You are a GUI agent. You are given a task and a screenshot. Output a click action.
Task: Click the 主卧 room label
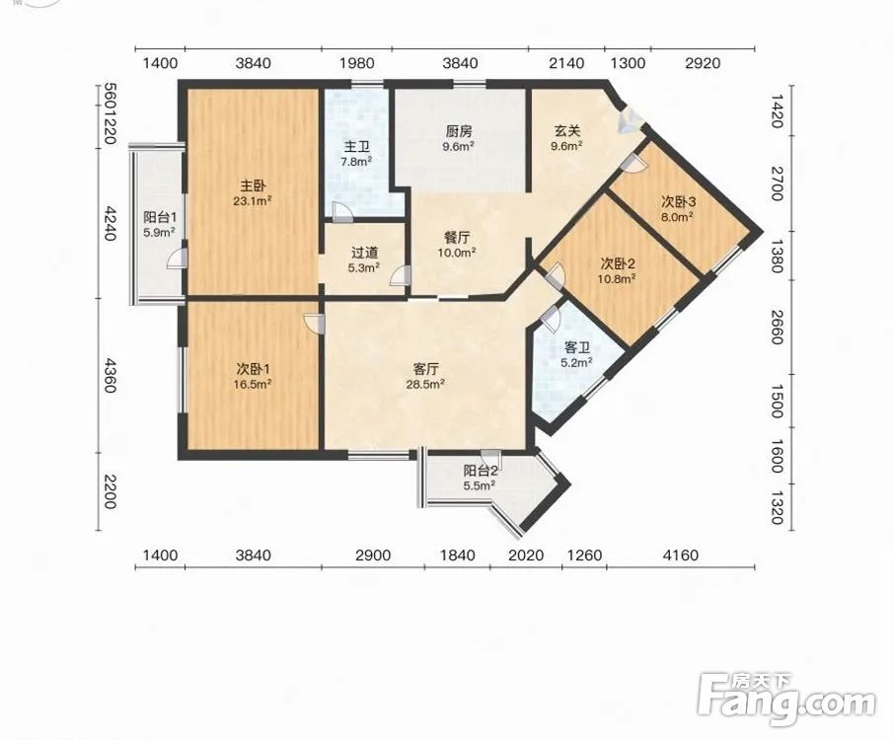click(x=253, y=186)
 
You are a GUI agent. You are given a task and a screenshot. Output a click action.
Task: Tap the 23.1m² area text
click(x=252, y=201)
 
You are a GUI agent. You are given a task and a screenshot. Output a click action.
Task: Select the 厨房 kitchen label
click(x=459, y=131)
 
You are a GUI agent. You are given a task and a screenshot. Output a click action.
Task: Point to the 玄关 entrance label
click(x=567, y=131)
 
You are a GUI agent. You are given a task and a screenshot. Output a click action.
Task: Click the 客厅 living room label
click(x=425, y=369)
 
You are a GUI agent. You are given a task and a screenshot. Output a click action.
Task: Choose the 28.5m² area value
click(x=425, y=384)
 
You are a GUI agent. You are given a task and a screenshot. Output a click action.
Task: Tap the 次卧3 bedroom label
click(x=678, y=201)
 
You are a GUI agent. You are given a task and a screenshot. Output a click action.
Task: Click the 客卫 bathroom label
click(x=576, y=347)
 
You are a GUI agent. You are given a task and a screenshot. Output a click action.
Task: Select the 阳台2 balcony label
click(x=481, y=471)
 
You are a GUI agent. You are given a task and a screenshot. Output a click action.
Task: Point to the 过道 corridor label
click(x=364, y=253)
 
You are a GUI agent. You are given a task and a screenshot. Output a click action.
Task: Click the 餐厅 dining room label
click(x=457, y=237)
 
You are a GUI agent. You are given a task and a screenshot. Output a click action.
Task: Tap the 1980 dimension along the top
click(x=357, y=63)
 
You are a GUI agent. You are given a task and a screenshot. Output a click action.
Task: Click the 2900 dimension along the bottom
click(x=373, y=555)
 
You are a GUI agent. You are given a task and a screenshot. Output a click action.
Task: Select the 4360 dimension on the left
click(x=110, y=375)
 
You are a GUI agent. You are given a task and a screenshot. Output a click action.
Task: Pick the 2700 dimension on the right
click(x=777, y=184)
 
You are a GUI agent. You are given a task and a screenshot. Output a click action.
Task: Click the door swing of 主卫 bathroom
click(x=341, y=212)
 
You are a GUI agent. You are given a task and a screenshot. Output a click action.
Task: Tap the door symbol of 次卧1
click(x=314, y=323)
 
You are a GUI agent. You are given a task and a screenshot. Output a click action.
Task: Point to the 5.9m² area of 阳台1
click(x=159, y=232)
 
